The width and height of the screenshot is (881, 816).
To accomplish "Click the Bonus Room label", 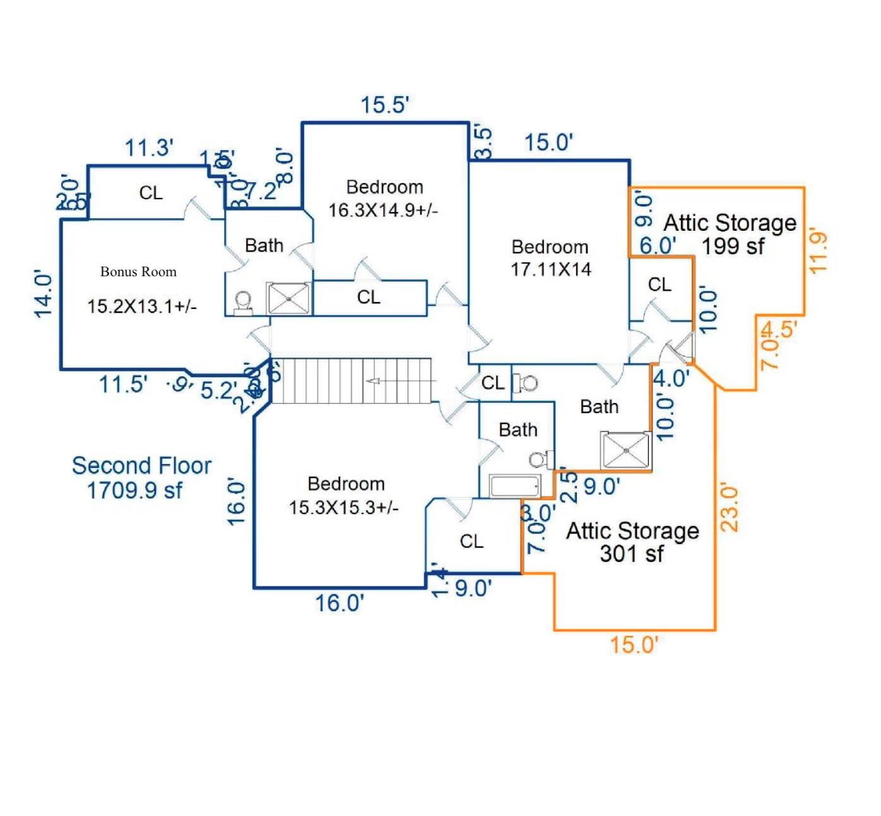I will tap(138, 272).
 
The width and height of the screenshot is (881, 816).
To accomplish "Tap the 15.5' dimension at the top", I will tap(384, 105).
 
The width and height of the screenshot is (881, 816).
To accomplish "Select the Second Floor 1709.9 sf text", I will tap(141, 477).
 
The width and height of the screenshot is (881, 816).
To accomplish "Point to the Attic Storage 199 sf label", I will tap(730, 234).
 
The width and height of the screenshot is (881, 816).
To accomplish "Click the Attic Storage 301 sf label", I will tap(632, 542).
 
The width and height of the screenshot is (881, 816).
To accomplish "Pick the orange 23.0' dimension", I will tap(729, 507).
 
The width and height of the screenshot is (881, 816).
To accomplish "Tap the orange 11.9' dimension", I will tap(819, 253).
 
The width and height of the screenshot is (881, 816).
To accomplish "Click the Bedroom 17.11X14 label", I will tap(550, 258).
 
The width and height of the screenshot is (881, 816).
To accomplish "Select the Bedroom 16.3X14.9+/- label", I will tap(384, 198).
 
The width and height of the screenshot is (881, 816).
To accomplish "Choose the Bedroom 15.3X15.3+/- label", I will tap(345, 495).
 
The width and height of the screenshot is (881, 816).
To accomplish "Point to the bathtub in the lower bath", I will tap(515, 487).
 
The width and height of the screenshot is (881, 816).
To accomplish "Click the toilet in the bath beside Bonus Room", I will tap(243, 302).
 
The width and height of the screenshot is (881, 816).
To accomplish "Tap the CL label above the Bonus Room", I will tap(151, 192).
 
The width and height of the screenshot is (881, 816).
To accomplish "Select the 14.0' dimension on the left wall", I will tap(44, 294).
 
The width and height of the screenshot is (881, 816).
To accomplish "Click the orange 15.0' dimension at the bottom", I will tap(634, 644).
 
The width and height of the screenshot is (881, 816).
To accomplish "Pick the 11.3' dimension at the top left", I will tap(149, 148).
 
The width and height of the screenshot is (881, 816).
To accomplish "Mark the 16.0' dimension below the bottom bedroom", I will tap(340, 603).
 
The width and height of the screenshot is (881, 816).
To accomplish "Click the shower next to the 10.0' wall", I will tap(625, 450).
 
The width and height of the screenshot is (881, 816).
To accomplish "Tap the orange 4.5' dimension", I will tap(779, 329).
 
